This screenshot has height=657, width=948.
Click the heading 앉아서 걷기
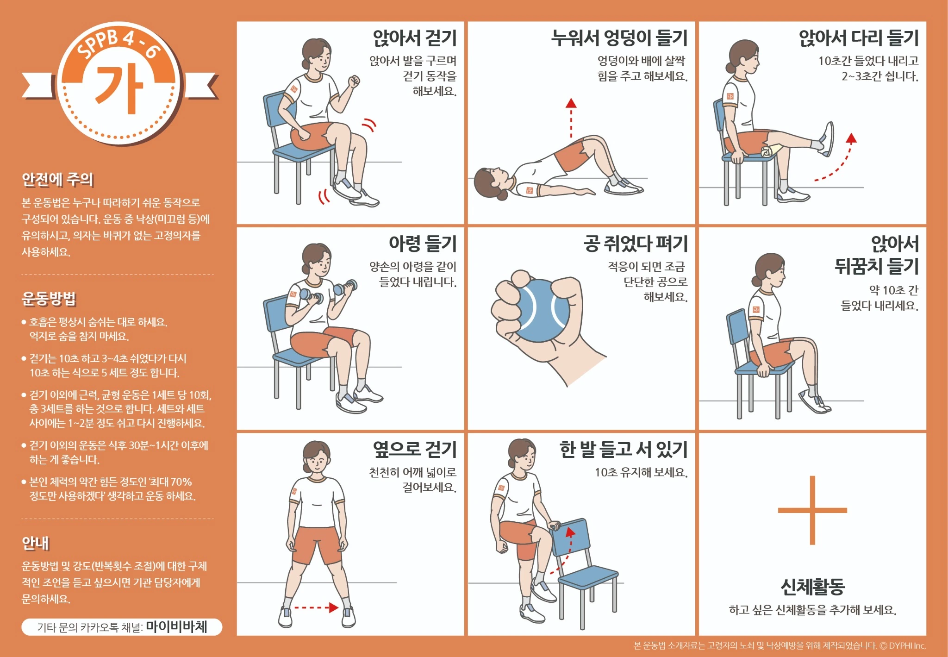click(414, 38)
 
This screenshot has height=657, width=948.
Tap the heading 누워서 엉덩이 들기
click(619, 38)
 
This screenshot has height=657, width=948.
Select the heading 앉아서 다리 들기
click(858, 38)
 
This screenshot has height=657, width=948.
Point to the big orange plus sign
click(812, 510)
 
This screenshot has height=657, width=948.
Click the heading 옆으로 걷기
click(414, 449)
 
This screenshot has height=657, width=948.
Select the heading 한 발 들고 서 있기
click(623, 449)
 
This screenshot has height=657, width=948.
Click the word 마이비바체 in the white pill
click(176, 627)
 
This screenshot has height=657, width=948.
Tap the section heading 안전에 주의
click(58, 179)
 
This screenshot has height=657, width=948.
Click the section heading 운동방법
click(49, 299)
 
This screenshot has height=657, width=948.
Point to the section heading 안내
click(36, 543)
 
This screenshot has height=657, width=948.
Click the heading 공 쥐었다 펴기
click(635, 244)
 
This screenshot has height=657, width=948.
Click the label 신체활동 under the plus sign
click(812, 587)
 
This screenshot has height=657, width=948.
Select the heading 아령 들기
click(422, 244)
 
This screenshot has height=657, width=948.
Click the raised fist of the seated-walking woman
click(354, 81)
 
